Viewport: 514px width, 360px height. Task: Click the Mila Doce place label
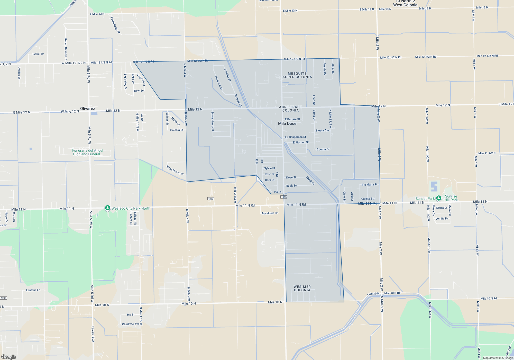[x=287, y=124]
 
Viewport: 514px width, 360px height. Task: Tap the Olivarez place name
[x=87, y=109]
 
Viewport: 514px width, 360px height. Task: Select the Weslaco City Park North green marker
[x=108, y=208]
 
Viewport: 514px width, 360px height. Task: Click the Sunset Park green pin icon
[x=439, y=198]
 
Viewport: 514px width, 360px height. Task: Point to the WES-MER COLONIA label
[x=302, y=289]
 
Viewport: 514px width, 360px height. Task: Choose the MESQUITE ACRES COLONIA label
[x=297, y=75]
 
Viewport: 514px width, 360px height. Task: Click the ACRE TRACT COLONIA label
[x=290, y=109]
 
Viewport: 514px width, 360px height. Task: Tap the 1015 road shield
[x=284, y=197]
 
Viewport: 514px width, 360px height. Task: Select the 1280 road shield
[x=211, y=199]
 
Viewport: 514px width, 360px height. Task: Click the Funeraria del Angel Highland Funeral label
[x=88, y=152]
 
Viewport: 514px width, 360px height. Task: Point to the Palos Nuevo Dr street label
[x=175, y=170]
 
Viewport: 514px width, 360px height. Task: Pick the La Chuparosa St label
[x=296, y=137]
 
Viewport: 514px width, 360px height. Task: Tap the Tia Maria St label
[x=369, y=185]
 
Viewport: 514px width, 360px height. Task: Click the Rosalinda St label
[x=270, y=213]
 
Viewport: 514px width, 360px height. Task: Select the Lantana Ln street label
[x=33, y=290]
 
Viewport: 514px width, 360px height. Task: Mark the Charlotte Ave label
[x=131, y=324]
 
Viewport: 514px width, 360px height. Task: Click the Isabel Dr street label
[x=38, y=54]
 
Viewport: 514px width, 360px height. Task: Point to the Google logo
[x=9, y=357]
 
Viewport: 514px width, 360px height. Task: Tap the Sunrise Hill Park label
[x=451, y=198]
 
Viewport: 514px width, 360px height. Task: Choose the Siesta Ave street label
[x=323, y=131]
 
